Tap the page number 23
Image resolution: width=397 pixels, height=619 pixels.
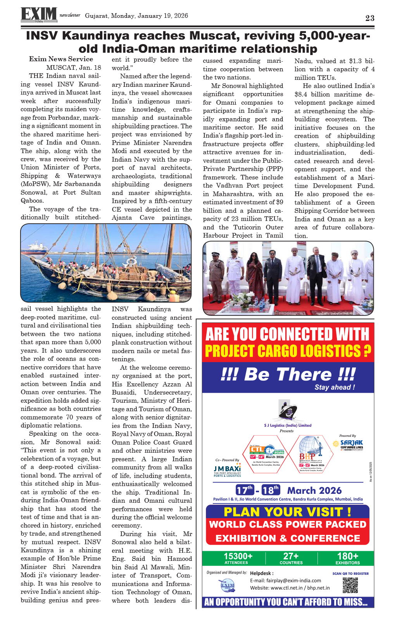[x=369, y=18]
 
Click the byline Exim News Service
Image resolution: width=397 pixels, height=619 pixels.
[x=61, y=59]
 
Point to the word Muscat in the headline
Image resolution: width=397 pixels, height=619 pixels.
[x=217, y=36]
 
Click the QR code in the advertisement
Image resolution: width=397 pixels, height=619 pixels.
[x=350, y=585]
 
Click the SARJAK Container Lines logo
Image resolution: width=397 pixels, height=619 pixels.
[x=351, y=444]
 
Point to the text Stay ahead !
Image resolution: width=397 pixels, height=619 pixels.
[x=334, y=387]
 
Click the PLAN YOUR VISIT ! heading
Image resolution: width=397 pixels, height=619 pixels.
[x=287, y=512]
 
